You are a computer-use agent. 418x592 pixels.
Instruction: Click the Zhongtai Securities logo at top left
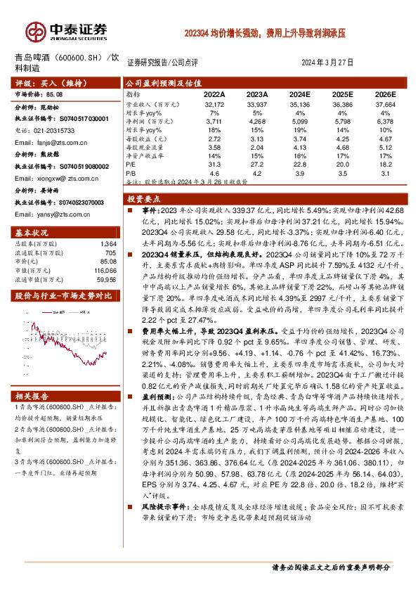(67, 31)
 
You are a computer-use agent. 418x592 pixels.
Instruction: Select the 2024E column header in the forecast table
(300, 94)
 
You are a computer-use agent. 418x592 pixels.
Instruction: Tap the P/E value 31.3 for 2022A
(215, 163)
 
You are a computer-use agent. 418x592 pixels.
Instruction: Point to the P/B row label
(131, 172)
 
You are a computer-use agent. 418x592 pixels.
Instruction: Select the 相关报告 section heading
(32, 397)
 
